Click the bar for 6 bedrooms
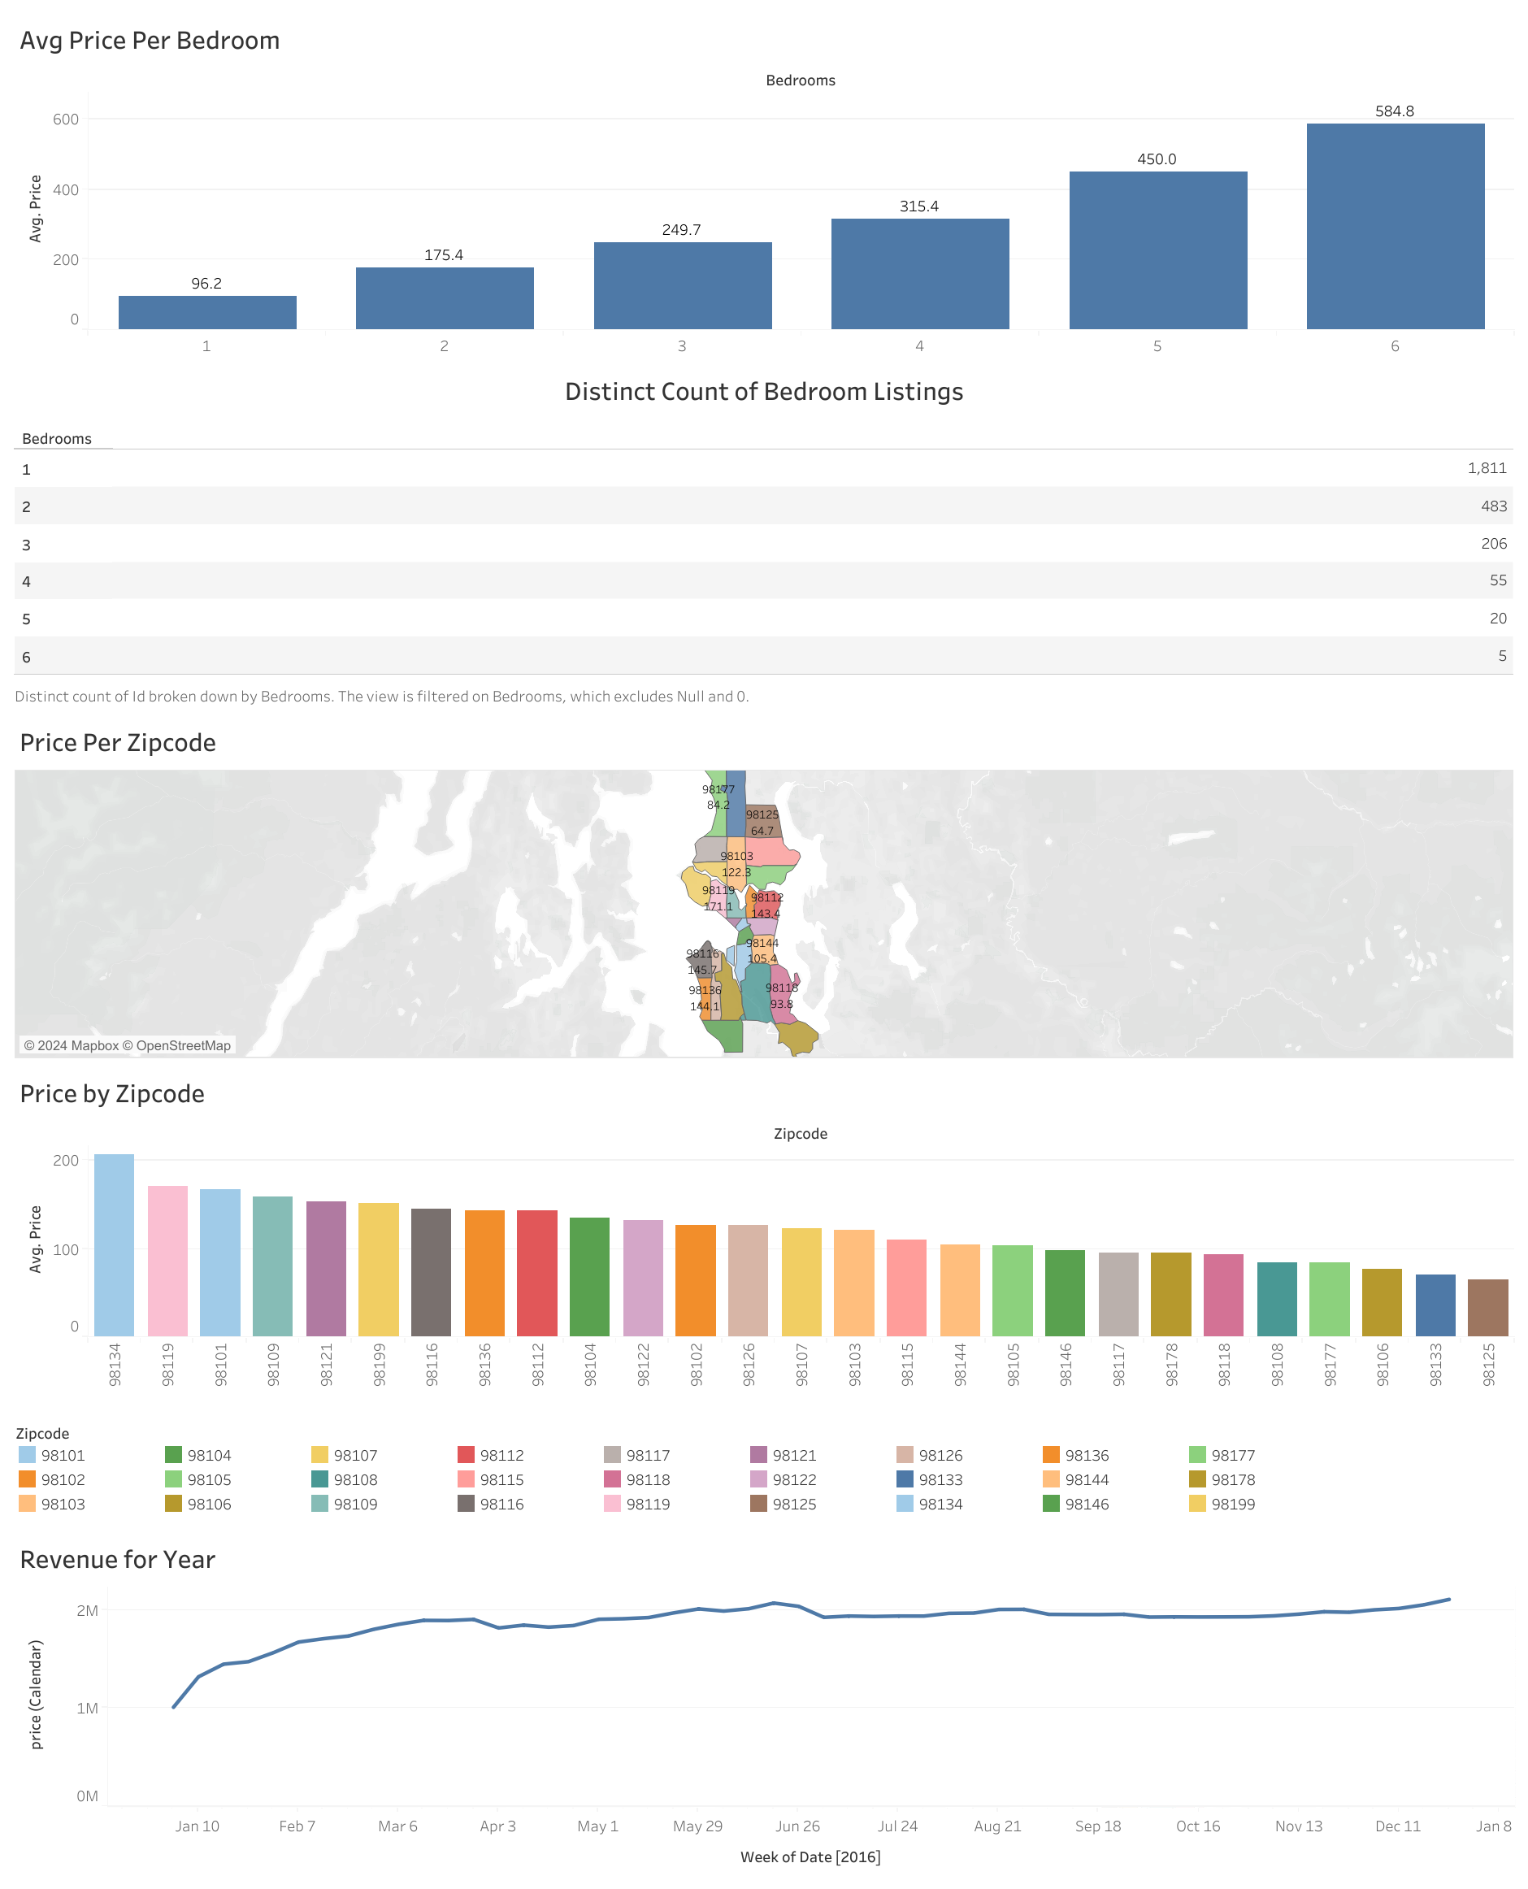(x=1394, y=226)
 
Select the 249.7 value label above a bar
(x=681, y=230)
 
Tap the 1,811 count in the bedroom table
(x=1486, y=468)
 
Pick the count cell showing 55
(x=1497, y=581)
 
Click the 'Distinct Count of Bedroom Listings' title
(x=763, y=392)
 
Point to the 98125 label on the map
(x=762, y=815)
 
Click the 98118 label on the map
(x=781, y=988)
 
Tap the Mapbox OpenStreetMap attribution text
(x=127, y=1046)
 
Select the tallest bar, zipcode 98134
(x=115, y=1244)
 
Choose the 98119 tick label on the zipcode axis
(x=168, y=1365)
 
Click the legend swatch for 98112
(x=467, y=1455)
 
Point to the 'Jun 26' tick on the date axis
(x=797, y=1826)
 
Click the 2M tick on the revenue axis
(x=87, y=1611)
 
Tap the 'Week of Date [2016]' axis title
(x=810, y=1856)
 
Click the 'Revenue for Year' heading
(x=118, y=1560)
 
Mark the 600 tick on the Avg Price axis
(x=66, y=119)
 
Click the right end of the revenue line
(x=1449, y=1600)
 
